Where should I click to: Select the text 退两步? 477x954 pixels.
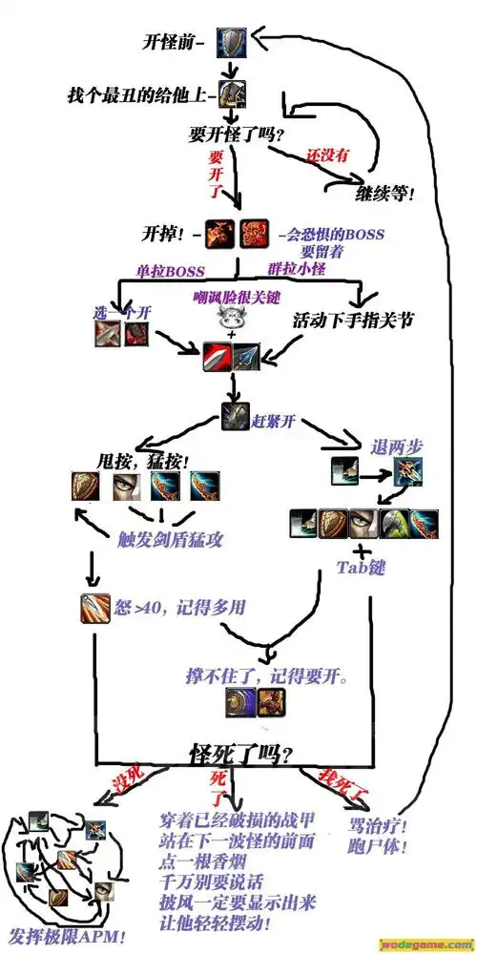tap(398, 446)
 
